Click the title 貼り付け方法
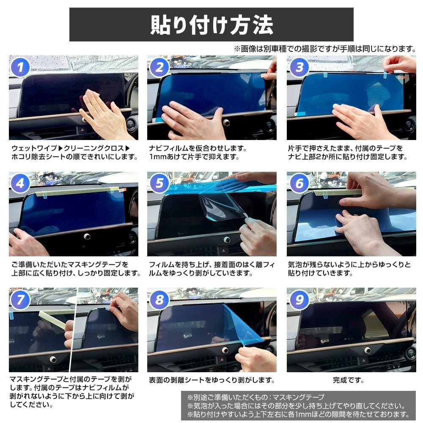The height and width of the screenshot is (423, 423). [211, 25]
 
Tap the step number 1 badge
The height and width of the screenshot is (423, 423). [20, 67]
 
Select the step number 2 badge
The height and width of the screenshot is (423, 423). [159, 67]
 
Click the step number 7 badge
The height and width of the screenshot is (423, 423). [20, 300]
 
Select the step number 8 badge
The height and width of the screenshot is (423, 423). [159, 300]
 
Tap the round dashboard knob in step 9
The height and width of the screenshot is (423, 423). [367, 350]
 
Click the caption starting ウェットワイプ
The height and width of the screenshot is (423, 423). [74, 153]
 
